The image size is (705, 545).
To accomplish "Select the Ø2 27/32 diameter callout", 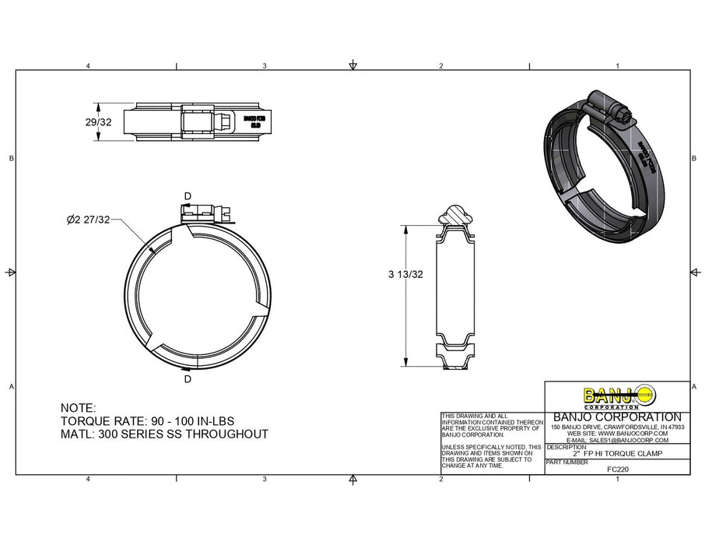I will coord(89,220).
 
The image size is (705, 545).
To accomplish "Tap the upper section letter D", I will coord(187,196).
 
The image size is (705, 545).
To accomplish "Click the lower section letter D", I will coord(188,379).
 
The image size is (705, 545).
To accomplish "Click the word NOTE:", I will coord(78,408).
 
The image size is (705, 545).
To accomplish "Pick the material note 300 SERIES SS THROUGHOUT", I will coord(164,434).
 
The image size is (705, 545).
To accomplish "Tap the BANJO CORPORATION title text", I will coord(617,417).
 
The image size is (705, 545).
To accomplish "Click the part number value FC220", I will coord(617,469).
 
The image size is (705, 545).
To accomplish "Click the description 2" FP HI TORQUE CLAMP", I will coord(617,453).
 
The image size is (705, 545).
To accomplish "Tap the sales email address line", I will coord(617,440).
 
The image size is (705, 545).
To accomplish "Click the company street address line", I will coord(617,427).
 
